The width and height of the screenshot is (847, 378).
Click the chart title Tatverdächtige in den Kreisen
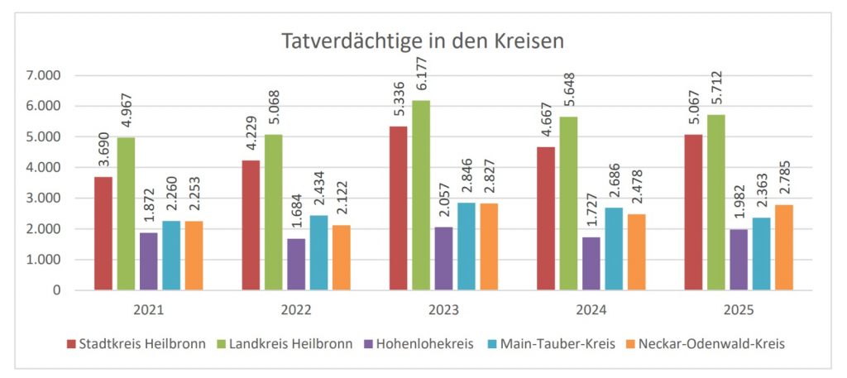coord(423,41)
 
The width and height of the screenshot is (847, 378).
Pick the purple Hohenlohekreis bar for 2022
coord(296,264)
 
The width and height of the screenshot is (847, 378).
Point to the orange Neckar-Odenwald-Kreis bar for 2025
coord(784,247)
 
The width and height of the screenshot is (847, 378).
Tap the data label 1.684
coord(296,214)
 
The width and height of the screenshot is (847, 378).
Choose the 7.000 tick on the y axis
coord(45,75)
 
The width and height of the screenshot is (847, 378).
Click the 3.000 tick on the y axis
coord(45,199)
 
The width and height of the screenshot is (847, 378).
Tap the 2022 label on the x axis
coord(295,311)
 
